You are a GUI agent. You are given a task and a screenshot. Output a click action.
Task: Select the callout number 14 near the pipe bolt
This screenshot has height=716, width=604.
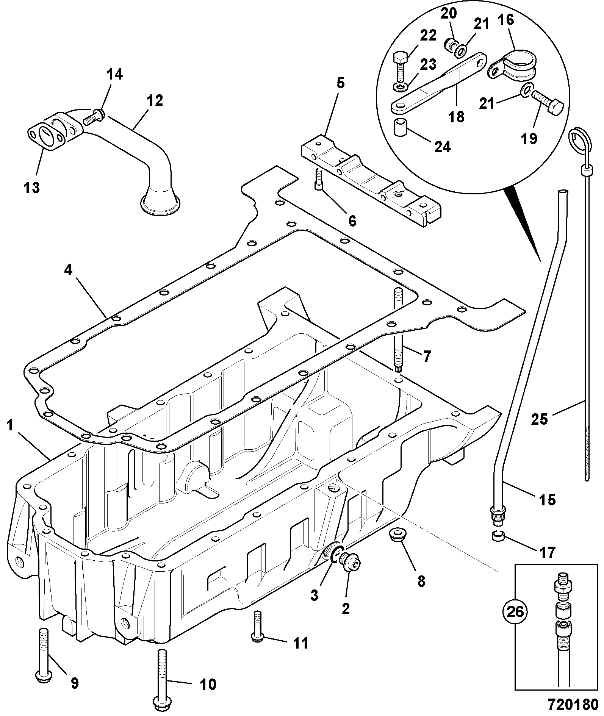coord(114,75)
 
